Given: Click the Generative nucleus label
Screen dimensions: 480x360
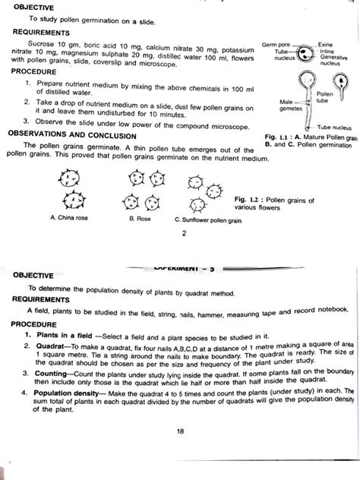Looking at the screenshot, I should [334, 62].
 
